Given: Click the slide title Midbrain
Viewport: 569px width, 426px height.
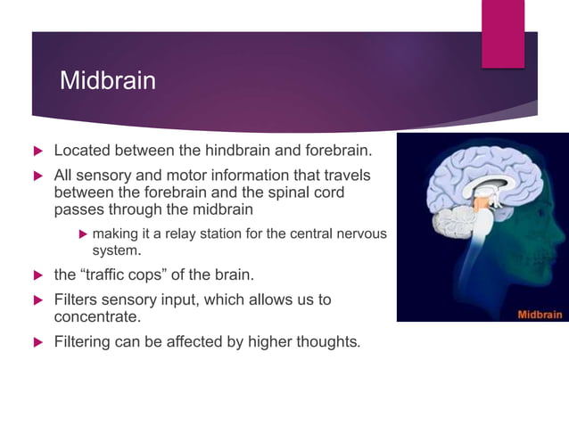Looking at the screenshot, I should (x=107, y=81).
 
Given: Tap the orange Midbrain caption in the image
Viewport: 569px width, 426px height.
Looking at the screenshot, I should (x=540, y=314).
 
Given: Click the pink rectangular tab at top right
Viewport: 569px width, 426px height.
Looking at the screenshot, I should (x=503, y=34).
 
